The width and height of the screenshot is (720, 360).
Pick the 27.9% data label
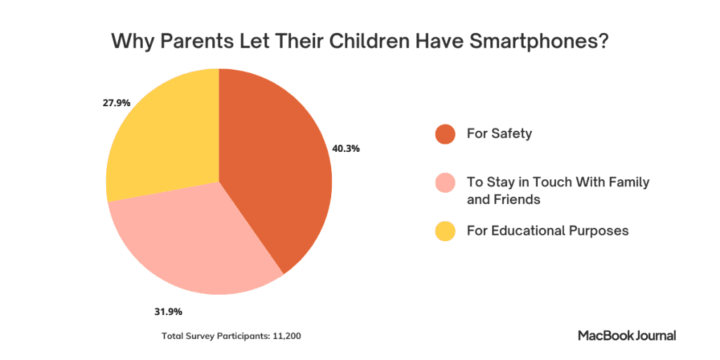click(116, 103)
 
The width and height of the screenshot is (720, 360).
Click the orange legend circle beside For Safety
click(446, 134)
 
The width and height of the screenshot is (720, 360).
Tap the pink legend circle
click(446, 184)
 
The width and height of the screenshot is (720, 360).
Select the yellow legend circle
click(446, 231)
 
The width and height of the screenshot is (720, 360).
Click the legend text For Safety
click(499, 133)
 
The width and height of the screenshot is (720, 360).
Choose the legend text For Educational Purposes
click(547, 231)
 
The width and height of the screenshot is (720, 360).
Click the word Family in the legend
click(628, 182)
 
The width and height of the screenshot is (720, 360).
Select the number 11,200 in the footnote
click(286, 336)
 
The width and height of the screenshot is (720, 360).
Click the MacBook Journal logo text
click(626, 335)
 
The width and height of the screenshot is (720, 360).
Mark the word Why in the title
click(130, 41)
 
